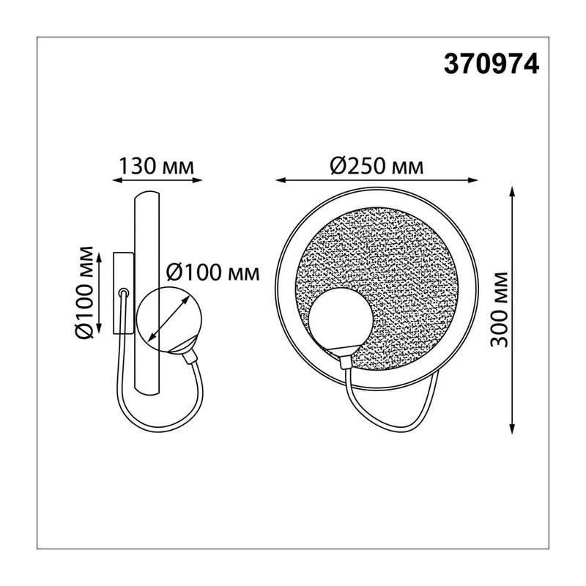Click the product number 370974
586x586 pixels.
point(491,64)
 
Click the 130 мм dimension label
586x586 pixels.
point(157,166)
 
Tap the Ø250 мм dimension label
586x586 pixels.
point(377,166)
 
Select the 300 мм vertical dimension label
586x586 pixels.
point(500,310)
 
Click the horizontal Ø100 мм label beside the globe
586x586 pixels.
point(212,272)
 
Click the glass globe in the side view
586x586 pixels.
point(169,319)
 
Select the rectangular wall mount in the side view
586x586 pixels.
point(123,292)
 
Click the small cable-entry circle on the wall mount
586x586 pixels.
point(123,292)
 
